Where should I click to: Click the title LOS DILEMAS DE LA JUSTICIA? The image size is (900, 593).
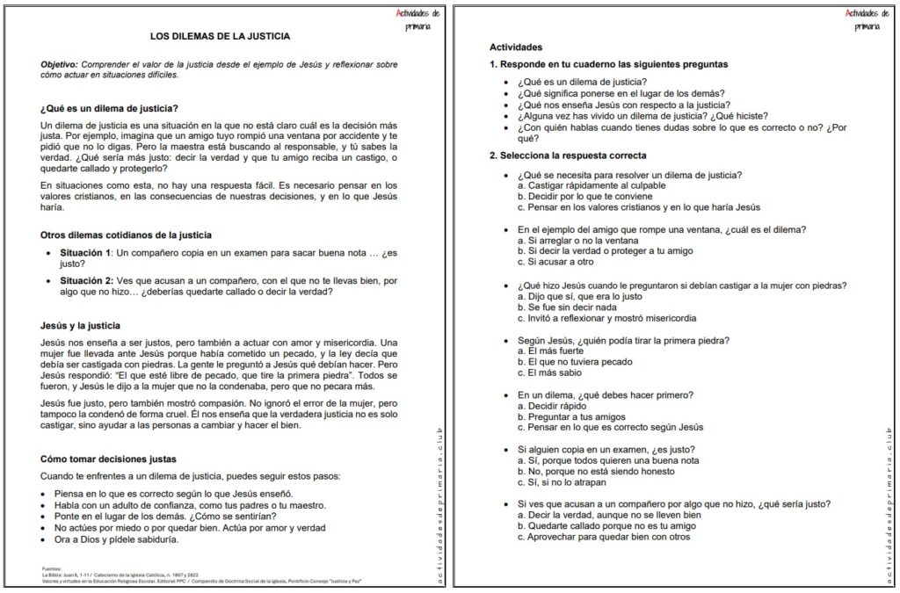[x=220, y=36]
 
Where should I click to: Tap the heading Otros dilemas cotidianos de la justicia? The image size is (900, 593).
[x=125, y=235]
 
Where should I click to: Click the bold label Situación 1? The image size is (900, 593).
[x=85, y=253]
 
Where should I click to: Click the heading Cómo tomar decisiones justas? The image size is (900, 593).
[x=108, y=459]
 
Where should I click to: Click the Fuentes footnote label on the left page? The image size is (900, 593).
[x=51, y=568]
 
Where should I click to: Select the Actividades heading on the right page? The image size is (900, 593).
[x=515, y=47]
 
